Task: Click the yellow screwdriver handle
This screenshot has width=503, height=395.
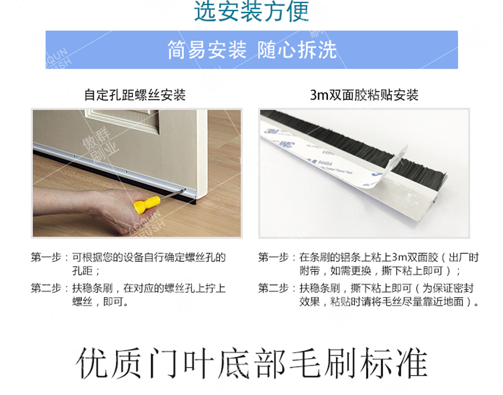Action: [147, 204]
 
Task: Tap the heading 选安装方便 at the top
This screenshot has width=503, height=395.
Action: [251, 11]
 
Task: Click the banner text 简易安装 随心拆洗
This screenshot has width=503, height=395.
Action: [252, 50]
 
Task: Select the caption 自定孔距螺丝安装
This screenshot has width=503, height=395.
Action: [135, 95]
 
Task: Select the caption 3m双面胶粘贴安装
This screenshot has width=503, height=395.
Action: [364, 95]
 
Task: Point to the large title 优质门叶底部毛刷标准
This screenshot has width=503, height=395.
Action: [252, 363]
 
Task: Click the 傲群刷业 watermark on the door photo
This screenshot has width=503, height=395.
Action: [99, 145]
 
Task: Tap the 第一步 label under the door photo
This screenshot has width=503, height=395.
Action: [46, 257]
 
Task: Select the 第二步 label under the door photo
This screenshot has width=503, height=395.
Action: [46, 288]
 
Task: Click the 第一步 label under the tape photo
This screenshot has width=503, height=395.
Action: [273, 257]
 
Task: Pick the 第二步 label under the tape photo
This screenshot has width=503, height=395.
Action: [273, 288]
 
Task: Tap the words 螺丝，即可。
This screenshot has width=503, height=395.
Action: [100, 302]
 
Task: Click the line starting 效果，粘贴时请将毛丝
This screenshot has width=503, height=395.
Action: [389, 302]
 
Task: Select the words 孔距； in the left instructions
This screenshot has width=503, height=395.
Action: [86, 271]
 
